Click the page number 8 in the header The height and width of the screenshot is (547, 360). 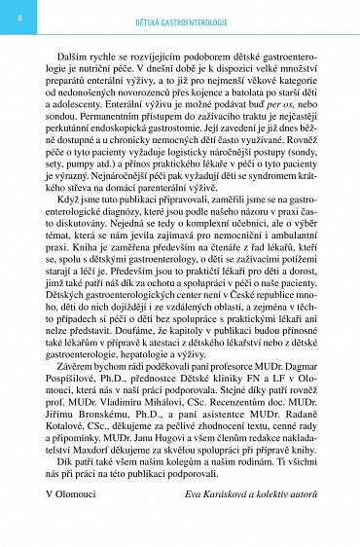[20, 18]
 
